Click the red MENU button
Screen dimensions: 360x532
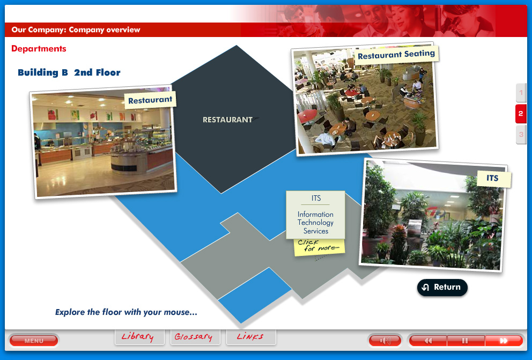click(33, 341)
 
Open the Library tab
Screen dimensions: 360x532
click(137, 337)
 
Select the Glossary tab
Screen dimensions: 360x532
click(193, 337)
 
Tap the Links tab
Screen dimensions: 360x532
click(250, 337)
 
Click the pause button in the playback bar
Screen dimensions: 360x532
click(465, 341)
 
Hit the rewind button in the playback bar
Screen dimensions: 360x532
click(428, 341)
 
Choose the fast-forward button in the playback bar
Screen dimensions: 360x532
click(504, 341)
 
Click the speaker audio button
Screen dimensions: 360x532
click(385, 341)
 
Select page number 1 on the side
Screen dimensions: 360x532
click(521, 93)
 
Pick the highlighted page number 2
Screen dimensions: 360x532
click(521, 114)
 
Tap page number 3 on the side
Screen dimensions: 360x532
click(521, 134)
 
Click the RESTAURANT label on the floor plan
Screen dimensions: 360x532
click(227, 120)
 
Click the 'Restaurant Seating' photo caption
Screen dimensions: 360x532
click(396, 55)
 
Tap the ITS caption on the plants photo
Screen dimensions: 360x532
click(493, 179)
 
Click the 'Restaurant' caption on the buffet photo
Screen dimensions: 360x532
click(150, 100)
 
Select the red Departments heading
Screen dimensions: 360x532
click(39, 49)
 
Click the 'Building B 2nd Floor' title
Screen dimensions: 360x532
click(69, 72)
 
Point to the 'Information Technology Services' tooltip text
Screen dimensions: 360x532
click(315, 222)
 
